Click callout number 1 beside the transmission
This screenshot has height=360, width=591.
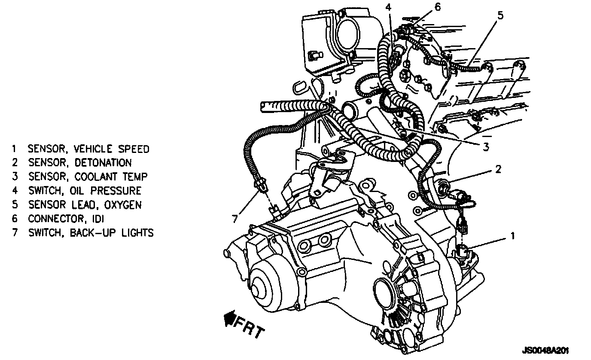click(512, 235)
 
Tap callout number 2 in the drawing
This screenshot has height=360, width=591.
click(498, 169)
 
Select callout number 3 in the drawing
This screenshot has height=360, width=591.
click(486, 147)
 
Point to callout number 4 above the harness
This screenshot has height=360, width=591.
click(388, 7)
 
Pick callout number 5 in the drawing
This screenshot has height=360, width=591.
click(501, 15)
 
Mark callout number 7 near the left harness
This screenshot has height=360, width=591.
click(235, 219)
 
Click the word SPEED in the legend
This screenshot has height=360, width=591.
click(133, 149)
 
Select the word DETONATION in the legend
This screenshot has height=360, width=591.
click(103, 163)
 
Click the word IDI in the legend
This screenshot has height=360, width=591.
click(98, 218)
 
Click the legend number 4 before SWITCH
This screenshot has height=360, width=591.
click(14, 190)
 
